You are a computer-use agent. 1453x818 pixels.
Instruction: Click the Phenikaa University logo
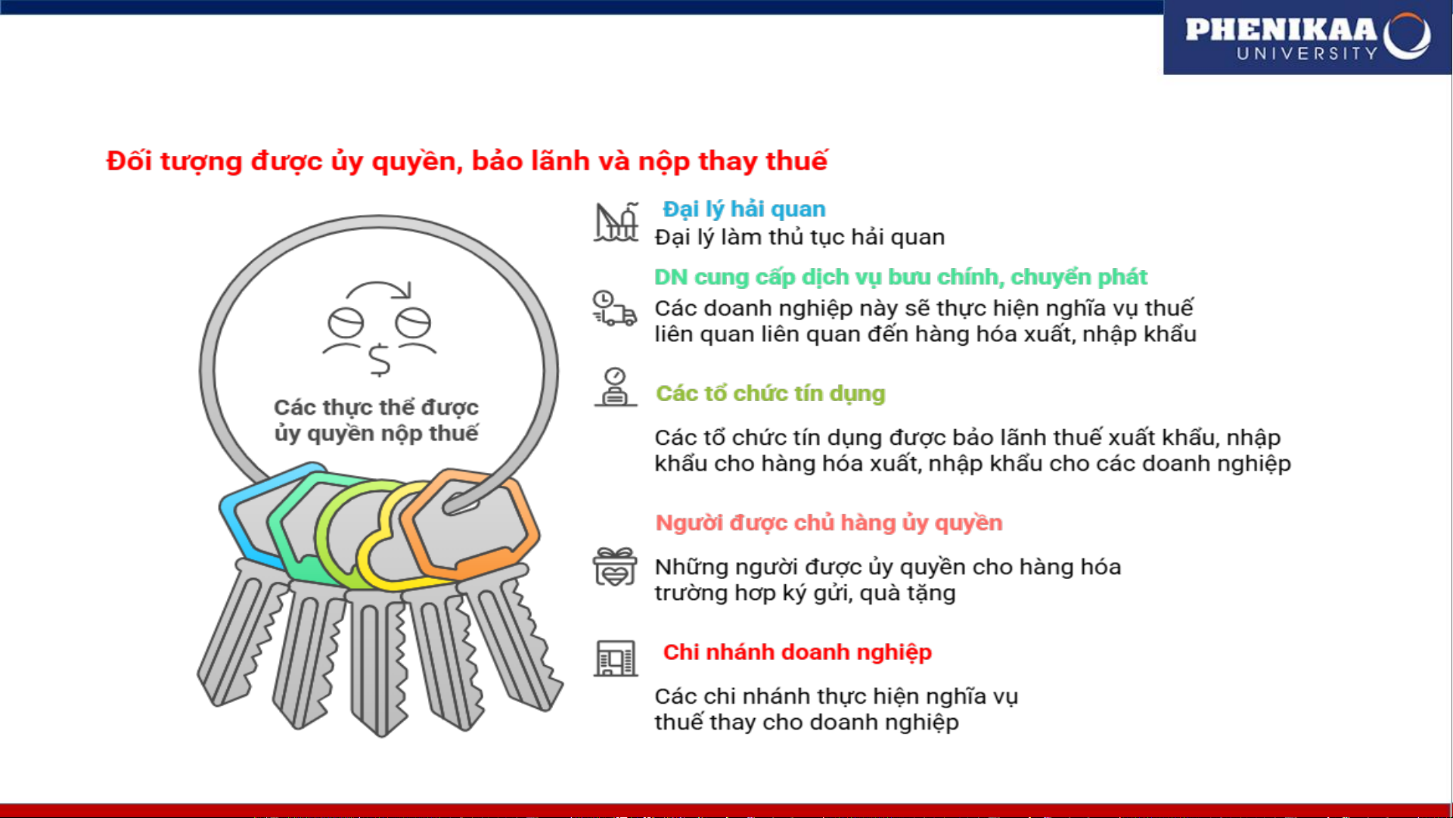(x=1306, y=38)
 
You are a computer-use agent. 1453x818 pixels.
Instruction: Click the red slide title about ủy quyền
(x=467, y=161)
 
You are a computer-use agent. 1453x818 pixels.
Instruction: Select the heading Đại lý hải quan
(x=744, y=209)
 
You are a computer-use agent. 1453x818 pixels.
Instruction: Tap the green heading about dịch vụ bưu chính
(x=900, y=277)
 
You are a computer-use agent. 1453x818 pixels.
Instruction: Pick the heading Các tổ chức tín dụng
(x=770, y=393)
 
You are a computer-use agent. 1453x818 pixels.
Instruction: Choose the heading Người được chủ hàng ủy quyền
(x=828, y=523)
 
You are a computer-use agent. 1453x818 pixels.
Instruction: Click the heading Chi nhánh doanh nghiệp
(x=796, y=652)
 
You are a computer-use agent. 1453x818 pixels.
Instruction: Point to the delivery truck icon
(x=614, y=309)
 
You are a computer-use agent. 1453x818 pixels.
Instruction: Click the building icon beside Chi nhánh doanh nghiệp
(x=615, y=658)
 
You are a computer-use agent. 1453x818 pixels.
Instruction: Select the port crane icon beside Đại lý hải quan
(x=616, y=222)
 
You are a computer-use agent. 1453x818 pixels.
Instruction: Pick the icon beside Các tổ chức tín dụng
(x=615, y=387)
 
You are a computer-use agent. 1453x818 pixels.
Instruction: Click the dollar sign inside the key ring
(x=379, y=360)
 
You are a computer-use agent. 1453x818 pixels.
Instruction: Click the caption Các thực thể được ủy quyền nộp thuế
(x=376, y=420)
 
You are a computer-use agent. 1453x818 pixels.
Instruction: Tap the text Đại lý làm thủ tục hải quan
(x=799, y=238)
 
